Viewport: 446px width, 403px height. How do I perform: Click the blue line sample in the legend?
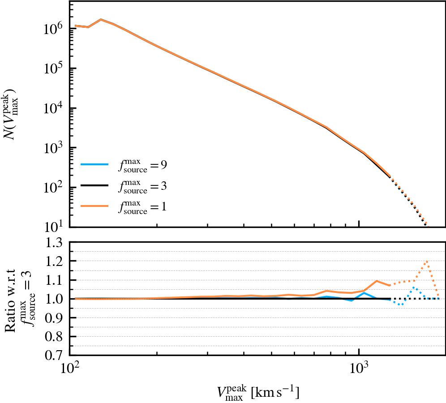95,164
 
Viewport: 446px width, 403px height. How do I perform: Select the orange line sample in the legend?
95,206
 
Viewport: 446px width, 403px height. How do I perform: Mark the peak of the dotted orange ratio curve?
427,261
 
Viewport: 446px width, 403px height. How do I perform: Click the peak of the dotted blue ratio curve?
413,287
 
